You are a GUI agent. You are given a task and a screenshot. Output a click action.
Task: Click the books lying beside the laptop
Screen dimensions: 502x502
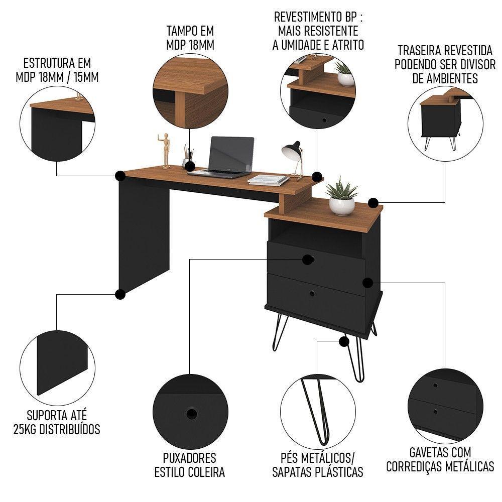(269, 180)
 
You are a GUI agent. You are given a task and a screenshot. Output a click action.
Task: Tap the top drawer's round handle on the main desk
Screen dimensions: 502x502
(308, 260)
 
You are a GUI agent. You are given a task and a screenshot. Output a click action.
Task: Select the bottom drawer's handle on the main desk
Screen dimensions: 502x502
(312, 293)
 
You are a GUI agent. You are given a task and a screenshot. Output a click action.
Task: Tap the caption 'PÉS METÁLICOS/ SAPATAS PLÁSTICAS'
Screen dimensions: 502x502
(317, 465)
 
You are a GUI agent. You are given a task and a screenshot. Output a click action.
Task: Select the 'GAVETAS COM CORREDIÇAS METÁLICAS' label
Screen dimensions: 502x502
(440, 460)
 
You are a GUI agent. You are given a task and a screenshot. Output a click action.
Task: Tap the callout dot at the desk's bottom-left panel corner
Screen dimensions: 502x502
(120, 294)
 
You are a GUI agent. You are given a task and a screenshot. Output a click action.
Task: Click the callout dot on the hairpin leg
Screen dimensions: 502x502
(344, 342)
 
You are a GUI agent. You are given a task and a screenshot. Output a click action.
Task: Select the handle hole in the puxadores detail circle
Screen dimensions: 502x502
(191, 414)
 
